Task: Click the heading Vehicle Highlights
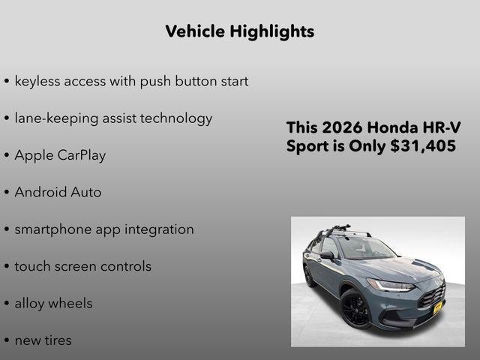pyautogui.click(x=239, y=31)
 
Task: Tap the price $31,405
pyautogui.click(x=423, y=146)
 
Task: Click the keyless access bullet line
pyautogui.click(x=131, y=81)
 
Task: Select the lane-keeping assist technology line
pyautogui.click(x=113, y=118)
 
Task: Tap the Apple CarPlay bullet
pyautogui.click(x=60, y=155)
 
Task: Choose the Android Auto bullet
pyautogui.click(x=58, y=192)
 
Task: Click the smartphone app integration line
pyautogui.click(x=104, y=229)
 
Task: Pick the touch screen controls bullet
pyautogui.click(x=82, y=266)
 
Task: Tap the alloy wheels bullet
pyautogui.click(x=53, y=304)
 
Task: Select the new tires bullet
pyautogui.click(x=43, y=340)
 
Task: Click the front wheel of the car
pyautogui.click(x=354, y=309)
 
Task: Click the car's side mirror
pyautogui.click(x=327, y=255)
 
